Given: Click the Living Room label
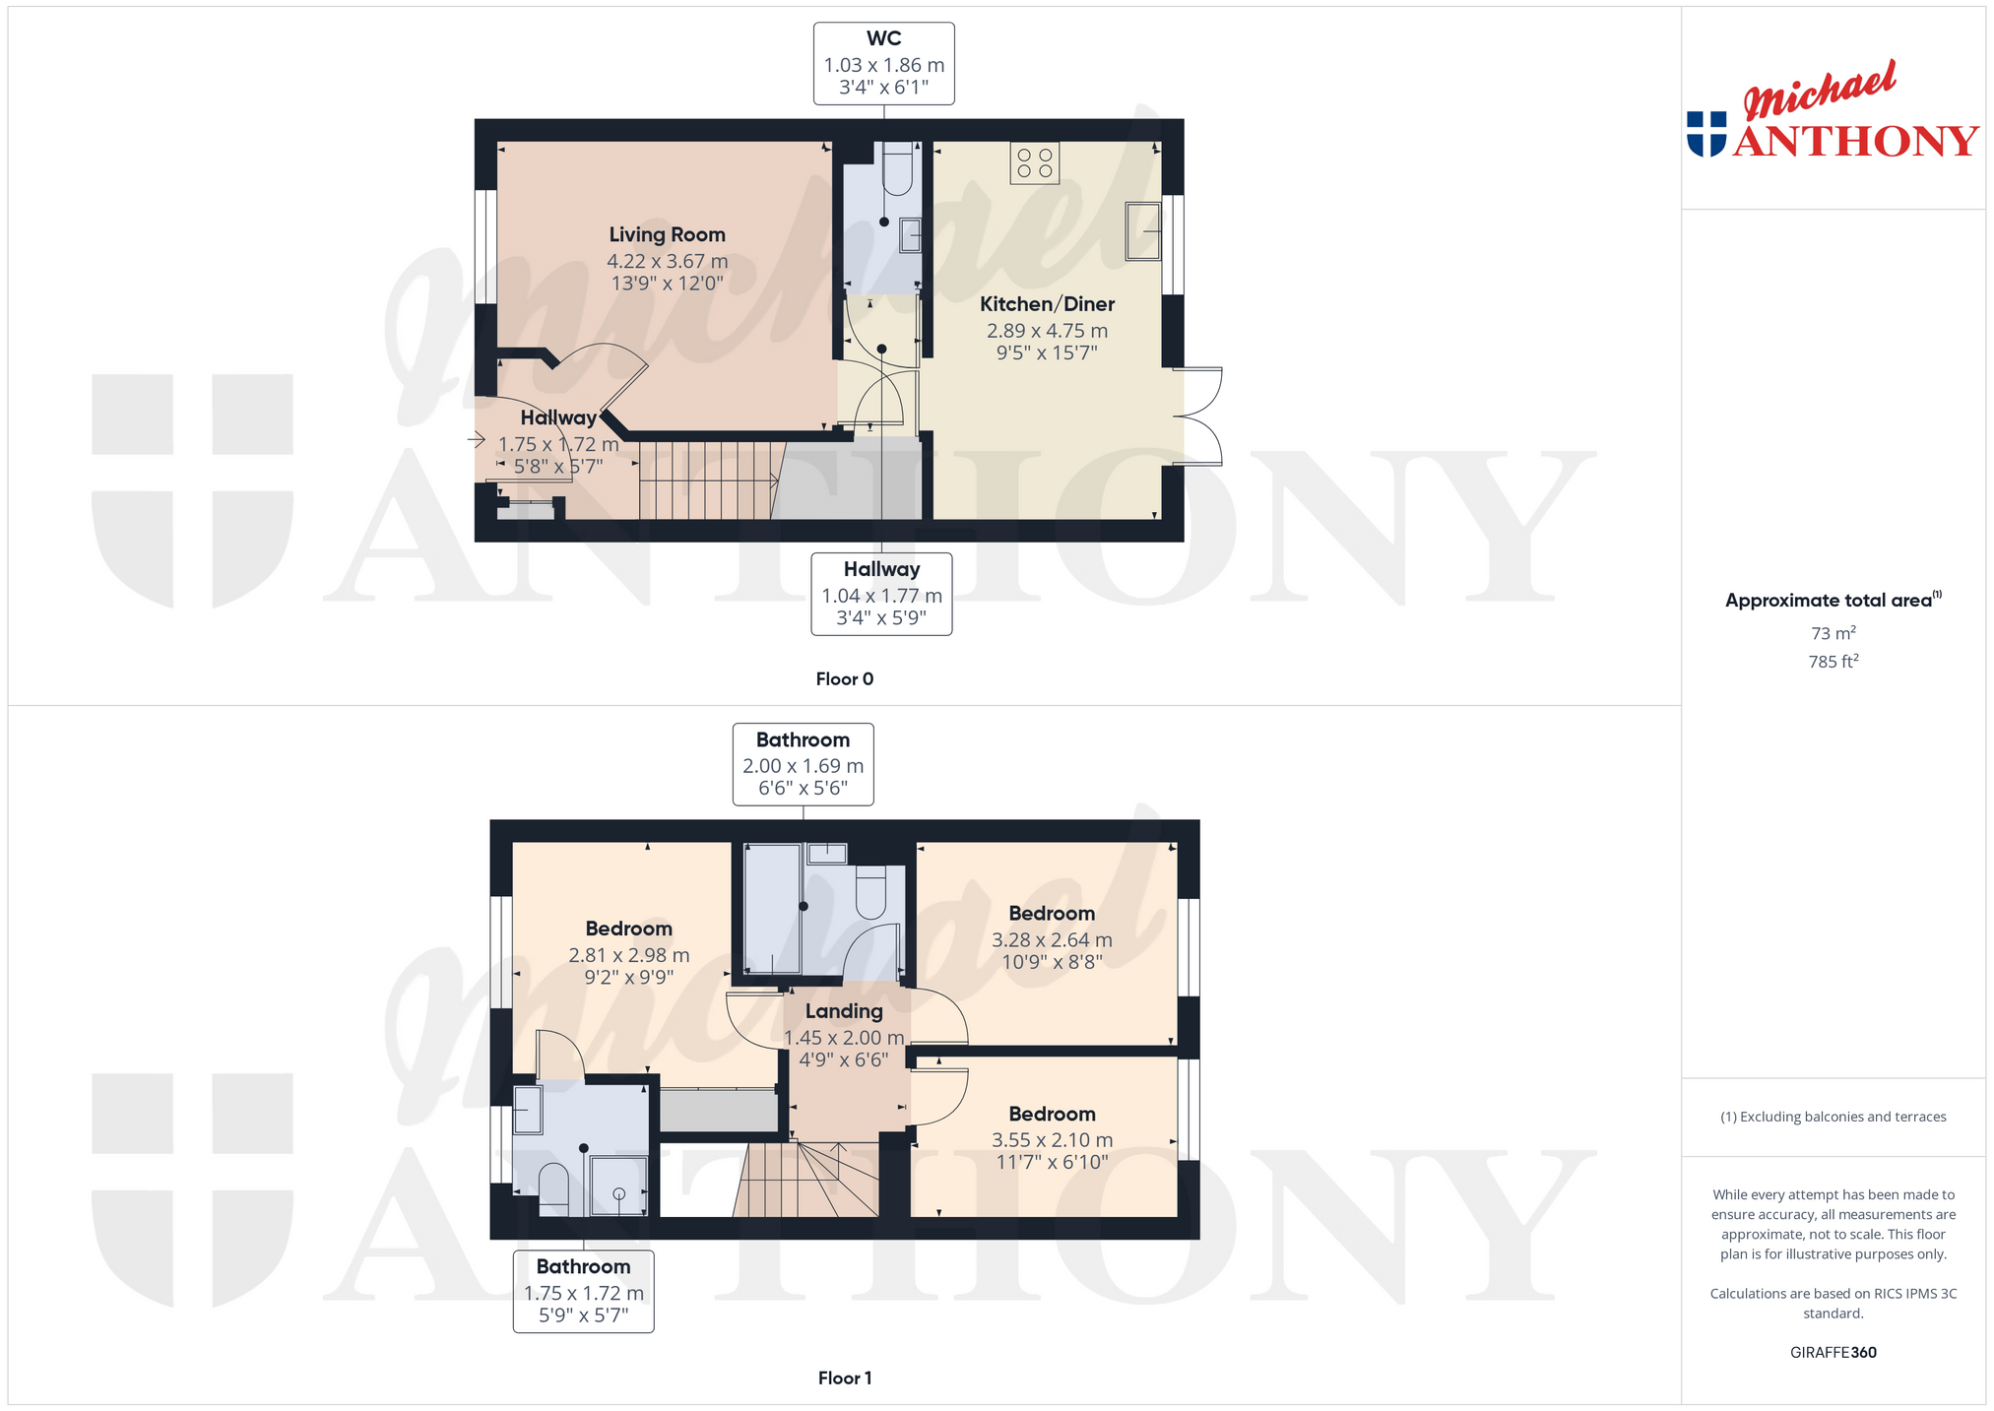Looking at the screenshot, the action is (x=667, y=234).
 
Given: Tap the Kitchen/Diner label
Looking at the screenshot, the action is (x=1047, y=304).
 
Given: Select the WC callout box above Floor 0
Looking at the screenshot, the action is (x=883, y=63).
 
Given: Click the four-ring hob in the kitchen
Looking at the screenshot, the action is (x=1034, y=163).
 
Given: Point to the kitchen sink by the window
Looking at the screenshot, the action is (x=1143, y=231).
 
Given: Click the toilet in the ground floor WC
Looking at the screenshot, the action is (x=898, y=167).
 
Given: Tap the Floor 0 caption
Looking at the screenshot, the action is (x=844, y=678).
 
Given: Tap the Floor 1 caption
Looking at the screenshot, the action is (x=844, y=1378).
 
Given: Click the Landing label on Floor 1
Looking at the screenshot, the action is (x=844, y=1011).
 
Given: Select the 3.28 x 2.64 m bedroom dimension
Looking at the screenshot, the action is (x=1052, y=940).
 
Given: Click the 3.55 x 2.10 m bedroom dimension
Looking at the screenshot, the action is (x=1052, y=1140).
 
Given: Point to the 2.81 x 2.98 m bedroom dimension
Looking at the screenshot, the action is (x=628, y=955).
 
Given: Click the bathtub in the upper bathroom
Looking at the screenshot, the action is (x=773, y=909).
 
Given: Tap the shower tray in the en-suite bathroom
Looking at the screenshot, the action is (x=618, y=1187).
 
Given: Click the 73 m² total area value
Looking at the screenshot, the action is (x=1833, y=633).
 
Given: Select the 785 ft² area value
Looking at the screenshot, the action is (x=1833, y=662).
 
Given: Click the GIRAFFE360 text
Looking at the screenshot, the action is (x=1833, y=1352).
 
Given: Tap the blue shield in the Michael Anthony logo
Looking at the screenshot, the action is (x=1706, y=134).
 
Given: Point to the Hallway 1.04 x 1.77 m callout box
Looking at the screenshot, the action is (x=881, y=594).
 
